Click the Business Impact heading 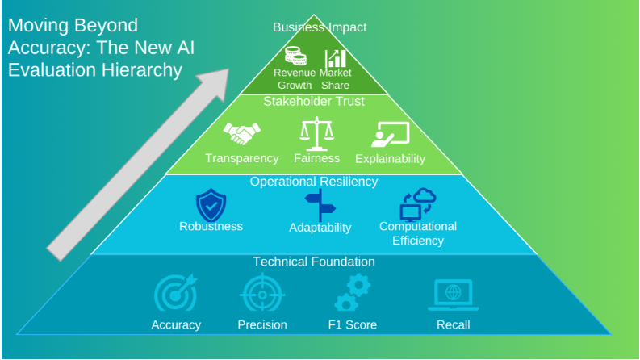(320, 27)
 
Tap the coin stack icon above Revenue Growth (295, 57)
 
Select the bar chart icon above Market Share (335, 58)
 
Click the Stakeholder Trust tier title (314, 101)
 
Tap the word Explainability (390, 159)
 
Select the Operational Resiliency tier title (314, 182)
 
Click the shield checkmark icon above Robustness (211, 205)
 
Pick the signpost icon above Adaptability (320, 206)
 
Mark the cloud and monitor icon (417, 204)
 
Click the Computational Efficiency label (418, 233)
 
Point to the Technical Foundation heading (314, 262)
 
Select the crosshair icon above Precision (262, 294)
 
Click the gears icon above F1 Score (352, 293)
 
